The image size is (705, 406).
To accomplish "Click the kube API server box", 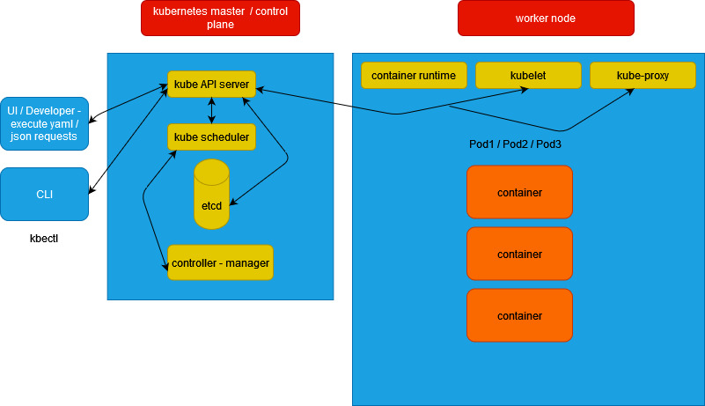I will click(211, 85).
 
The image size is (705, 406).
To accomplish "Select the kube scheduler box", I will click(211, 137).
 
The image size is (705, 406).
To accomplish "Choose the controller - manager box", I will click(220, 262).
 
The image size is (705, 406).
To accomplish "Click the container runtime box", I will click(414, 76).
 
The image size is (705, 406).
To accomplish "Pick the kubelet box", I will click(528, 76).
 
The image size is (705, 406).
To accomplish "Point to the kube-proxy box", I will click(643, 76).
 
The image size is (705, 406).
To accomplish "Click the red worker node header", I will click(546, 18).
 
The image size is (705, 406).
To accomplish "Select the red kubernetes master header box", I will click(220, 18).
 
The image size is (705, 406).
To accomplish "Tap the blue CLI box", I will click(44, 194).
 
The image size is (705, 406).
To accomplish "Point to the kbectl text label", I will click(44, 239).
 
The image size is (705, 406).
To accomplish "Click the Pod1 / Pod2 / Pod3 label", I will click(515, 144).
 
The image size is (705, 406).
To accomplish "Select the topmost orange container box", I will click(519, 192).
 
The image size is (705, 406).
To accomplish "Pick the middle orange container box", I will click(519, 254).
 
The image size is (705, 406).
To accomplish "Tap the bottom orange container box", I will click(519, 315).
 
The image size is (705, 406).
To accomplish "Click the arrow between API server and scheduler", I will click(211, 110).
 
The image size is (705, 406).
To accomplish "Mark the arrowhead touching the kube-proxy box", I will click(631, 92).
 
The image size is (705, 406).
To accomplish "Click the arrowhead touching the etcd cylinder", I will click(231, 204).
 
